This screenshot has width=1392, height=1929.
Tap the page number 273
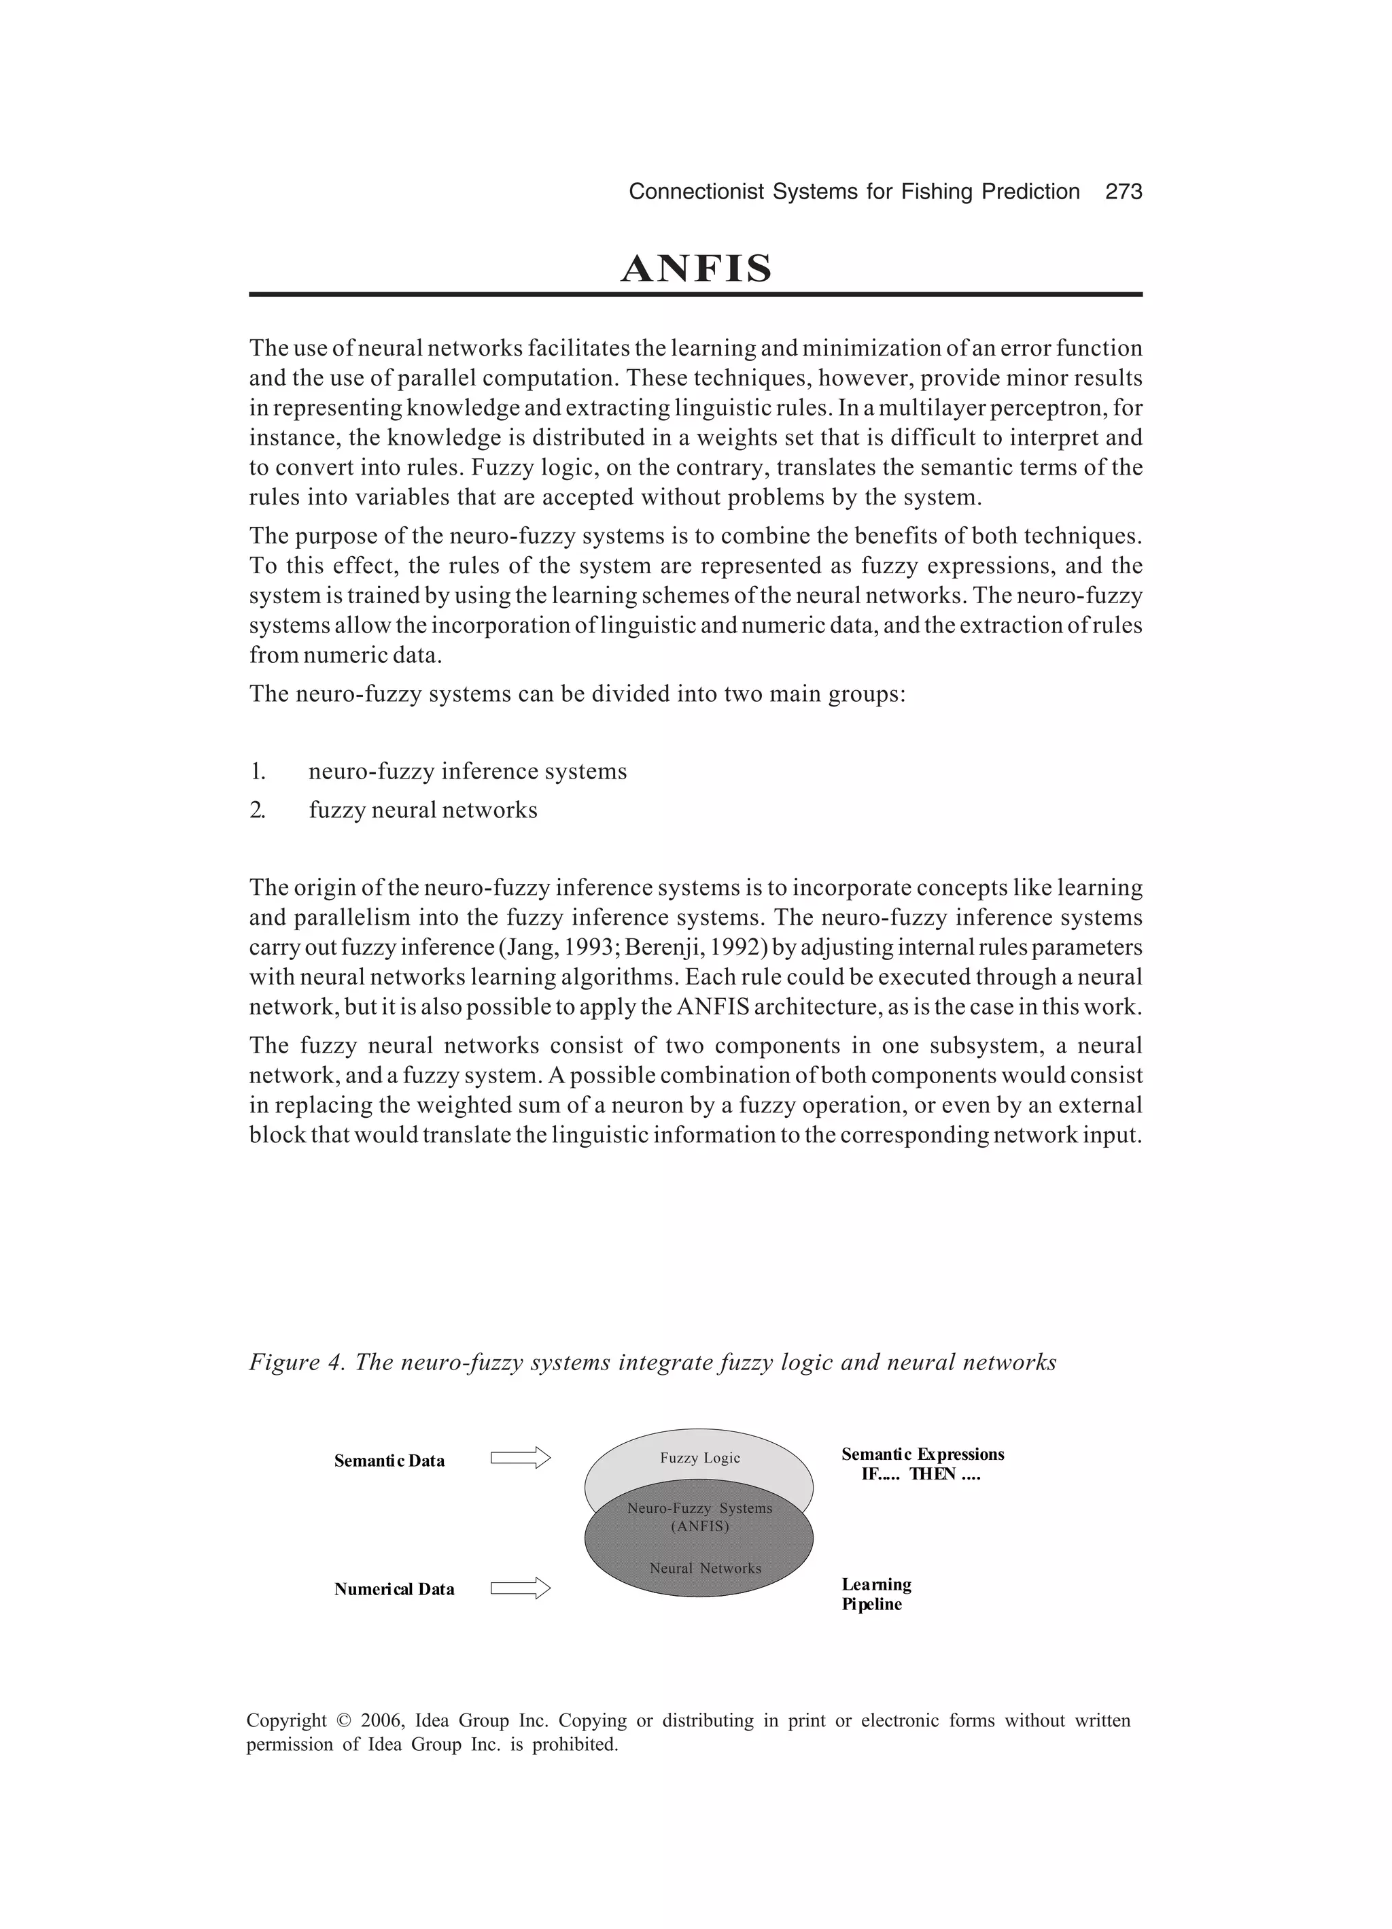[x=1124, y=192]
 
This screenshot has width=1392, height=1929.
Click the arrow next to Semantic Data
[x=521, y=1458]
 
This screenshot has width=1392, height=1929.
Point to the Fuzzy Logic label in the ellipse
[x=700, y=1458]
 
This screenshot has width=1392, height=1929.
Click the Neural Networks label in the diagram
[x=705, y=1569]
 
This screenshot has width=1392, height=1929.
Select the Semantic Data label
[x=389, y=1461]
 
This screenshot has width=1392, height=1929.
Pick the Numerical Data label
[x=394, y=1590]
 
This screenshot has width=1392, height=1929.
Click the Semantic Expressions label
[x=922, y=1454]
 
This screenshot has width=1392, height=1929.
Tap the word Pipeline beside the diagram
[x=871, y=1605]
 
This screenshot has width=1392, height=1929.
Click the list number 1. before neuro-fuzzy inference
[x=258, y=772]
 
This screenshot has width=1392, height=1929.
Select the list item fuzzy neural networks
[x=423, y=810]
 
